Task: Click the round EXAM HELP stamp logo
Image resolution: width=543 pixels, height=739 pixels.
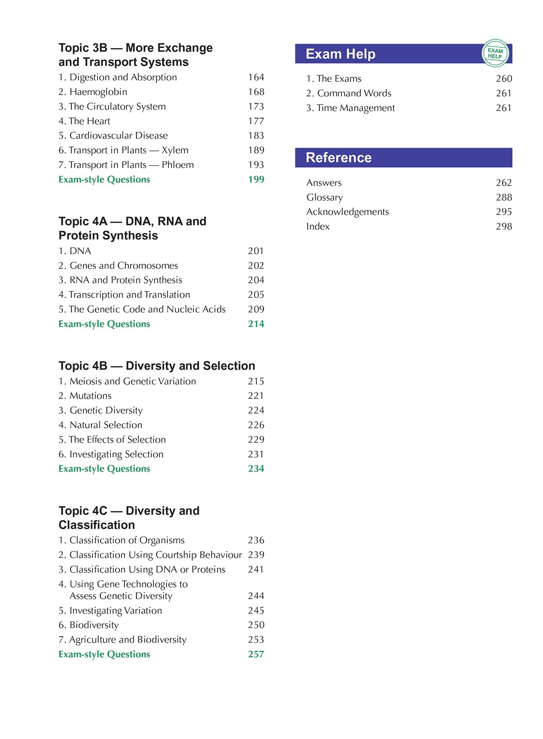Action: [495, 53]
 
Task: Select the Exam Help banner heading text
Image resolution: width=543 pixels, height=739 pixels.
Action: [340, 54]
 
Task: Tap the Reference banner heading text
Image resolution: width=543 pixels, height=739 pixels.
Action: [339, 158]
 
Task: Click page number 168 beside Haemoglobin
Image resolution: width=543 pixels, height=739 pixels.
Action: [256, 92]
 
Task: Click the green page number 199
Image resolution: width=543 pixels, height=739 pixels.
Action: [256, 180]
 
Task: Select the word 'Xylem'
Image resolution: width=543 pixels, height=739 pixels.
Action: [175, 151]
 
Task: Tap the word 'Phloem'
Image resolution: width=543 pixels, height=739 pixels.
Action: [177, 165]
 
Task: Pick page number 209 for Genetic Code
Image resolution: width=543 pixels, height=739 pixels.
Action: [256, 310]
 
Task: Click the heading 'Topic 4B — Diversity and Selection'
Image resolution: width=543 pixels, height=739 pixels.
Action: [157, 366]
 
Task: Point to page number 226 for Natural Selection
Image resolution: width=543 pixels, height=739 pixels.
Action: [256, 425]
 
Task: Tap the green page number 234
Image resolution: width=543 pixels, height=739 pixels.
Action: [256, 469]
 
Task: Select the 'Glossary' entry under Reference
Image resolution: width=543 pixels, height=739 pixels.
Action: [324, 197]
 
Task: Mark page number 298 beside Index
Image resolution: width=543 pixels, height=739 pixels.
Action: [504, 227]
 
